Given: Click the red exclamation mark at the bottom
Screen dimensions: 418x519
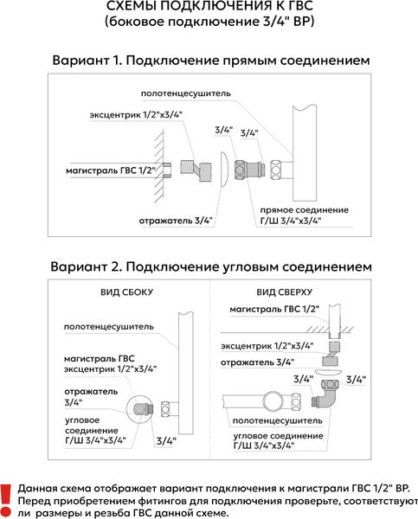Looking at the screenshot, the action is click(x=6, y=501).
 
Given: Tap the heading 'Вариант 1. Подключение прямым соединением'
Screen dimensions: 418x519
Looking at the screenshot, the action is click(x=210, y=61).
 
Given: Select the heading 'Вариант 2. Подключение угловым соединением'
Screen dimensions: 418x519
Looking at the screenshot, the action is click(x=211, y=266).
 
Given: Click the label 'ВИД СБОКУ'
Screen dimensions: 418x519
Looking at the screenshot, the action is click(x=127, y=292).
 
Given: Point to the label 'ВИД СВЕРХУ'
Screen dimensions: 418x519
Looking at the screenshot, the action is click(x=284, y=292).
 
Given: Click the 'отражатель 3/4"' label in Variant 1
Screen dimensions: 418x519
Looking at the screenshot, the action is click(x=176, y=221).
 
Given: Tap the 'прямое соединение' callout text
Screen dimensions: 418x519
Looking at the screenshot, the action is click(x=304, y=210).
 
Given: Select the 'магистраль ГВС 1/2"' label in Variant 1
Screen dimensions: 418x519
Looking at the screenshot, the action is click(x=111, y=170).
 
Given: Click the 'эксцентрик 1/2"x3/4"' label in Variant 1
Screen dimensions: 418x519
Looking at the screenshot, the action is click(x=136, y=115).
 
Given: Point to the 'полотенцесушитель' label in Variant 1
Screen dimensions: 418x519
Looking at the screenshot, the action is click(x=185, y=93).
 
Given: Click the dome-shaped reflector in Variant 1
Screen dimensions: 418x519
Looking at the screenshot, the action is click(x=224, y=170).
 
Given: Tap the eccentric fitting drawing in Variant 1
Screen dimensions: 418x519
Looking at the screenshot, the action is click(x=196, y=170).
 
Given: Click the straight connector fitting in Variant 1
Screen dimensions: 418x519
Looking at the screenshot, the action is click(x=249, y=170).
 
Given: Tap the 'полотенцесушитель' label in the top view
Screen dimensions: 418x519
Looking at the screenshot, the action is click(x=277, y=421).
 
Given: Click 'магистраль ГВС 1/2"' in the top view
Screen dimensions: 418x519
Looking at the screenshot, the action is click(x=274, y=310).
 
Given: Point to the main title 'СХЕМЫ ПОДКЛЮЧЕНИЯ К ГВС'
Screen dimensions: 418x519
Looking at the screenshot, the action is click(x=209, y=6).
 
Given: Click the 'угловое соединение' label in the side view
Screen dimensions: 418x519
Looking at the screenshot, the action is click(x=92, y=426).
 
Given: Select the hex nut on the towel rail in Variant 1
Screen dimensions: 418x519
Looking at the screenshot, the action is click(x=276, y=170).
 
